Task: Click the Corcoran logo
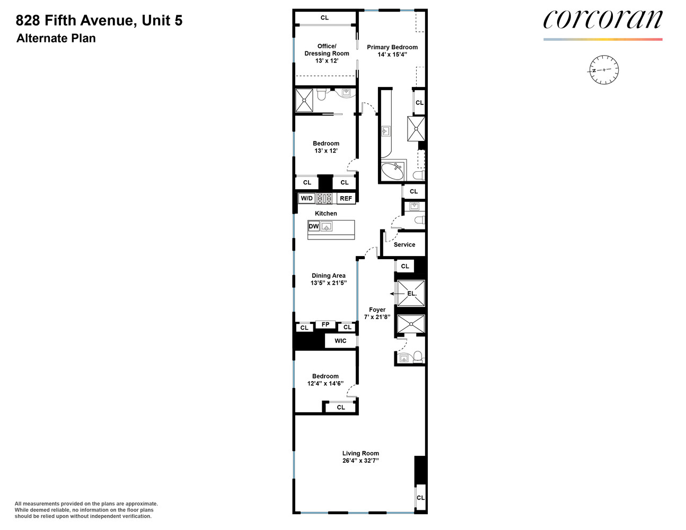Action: (x=602, y=19)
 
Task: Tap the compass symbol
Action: (x=604, y=70)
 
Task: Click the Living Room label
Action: (x=360, y=453)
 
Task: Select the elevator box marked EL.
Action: (x=411, y=294)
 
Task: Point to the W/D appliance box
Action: (x=306, y=198)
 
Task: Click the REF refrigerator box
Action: (x=346, y=198)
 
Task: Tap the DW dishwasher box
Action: (x=313, y=226)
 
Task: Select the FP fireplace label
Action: (x=326, y=324)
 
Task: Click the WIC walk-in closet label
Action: (x=340, y=341)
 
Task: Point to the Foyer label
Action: (x=377, y=310)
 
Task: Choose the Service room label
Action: (x=404, y=244)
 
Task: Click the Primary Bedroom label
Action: (x=392, y=47)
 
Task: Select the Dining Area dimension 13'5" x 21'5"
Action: (x=329, y=282)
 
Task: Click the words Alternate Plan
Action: (x=56, y=38)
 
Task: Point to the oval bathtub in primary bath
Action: (x=392, y=171)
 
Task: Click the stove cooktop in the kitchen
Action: (x=324, y=198)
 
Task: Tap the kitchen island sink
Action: (x=327, y=226)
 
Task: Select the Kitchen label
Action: (x=326, y=214)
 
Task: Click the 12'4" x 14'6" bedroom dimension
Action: (x=326, y=383)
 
